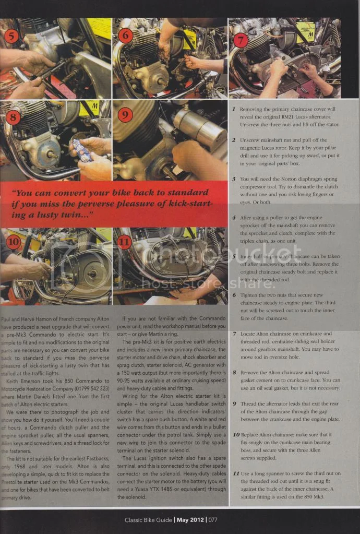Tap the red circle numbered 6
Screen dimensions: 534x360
click(126, 35)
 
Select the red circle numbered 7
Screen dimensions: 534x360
click(241, 40)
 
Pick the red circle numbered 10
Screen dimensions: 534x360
click(13, 242)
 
